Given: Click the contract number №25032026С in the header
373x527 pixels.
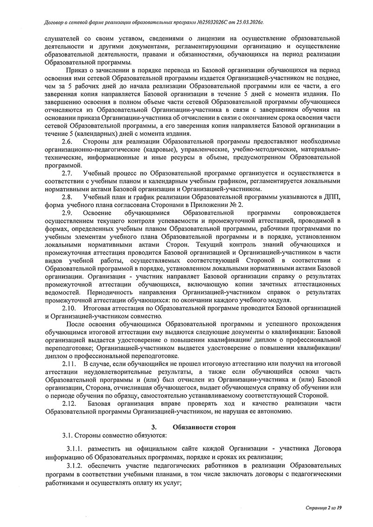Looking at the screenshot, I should (212, 22).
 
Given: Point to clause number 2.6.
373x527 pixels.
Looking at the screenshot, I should (67, 141).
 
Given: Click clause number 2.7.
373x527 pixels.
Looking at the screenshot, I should (67, 173).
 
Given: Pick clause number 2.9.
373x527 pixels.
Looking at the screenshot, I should (67, 213).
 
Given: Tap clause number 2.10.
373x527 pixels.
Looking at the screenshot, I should (69, 308).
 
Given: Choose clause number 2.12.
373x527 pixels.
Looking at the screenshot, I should (69, 404).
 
